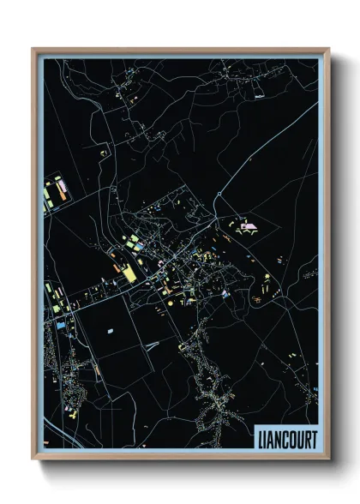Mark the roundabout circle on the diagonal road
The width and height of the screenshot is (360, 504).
click(219, 196)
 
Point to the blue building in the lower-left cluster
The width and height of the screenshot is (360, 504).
click(61, 325)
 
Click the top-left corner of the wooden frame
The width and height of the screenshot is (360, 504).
click(33, 49)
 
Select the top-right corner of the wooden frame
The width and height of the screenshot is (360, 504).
click(328, 49)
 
